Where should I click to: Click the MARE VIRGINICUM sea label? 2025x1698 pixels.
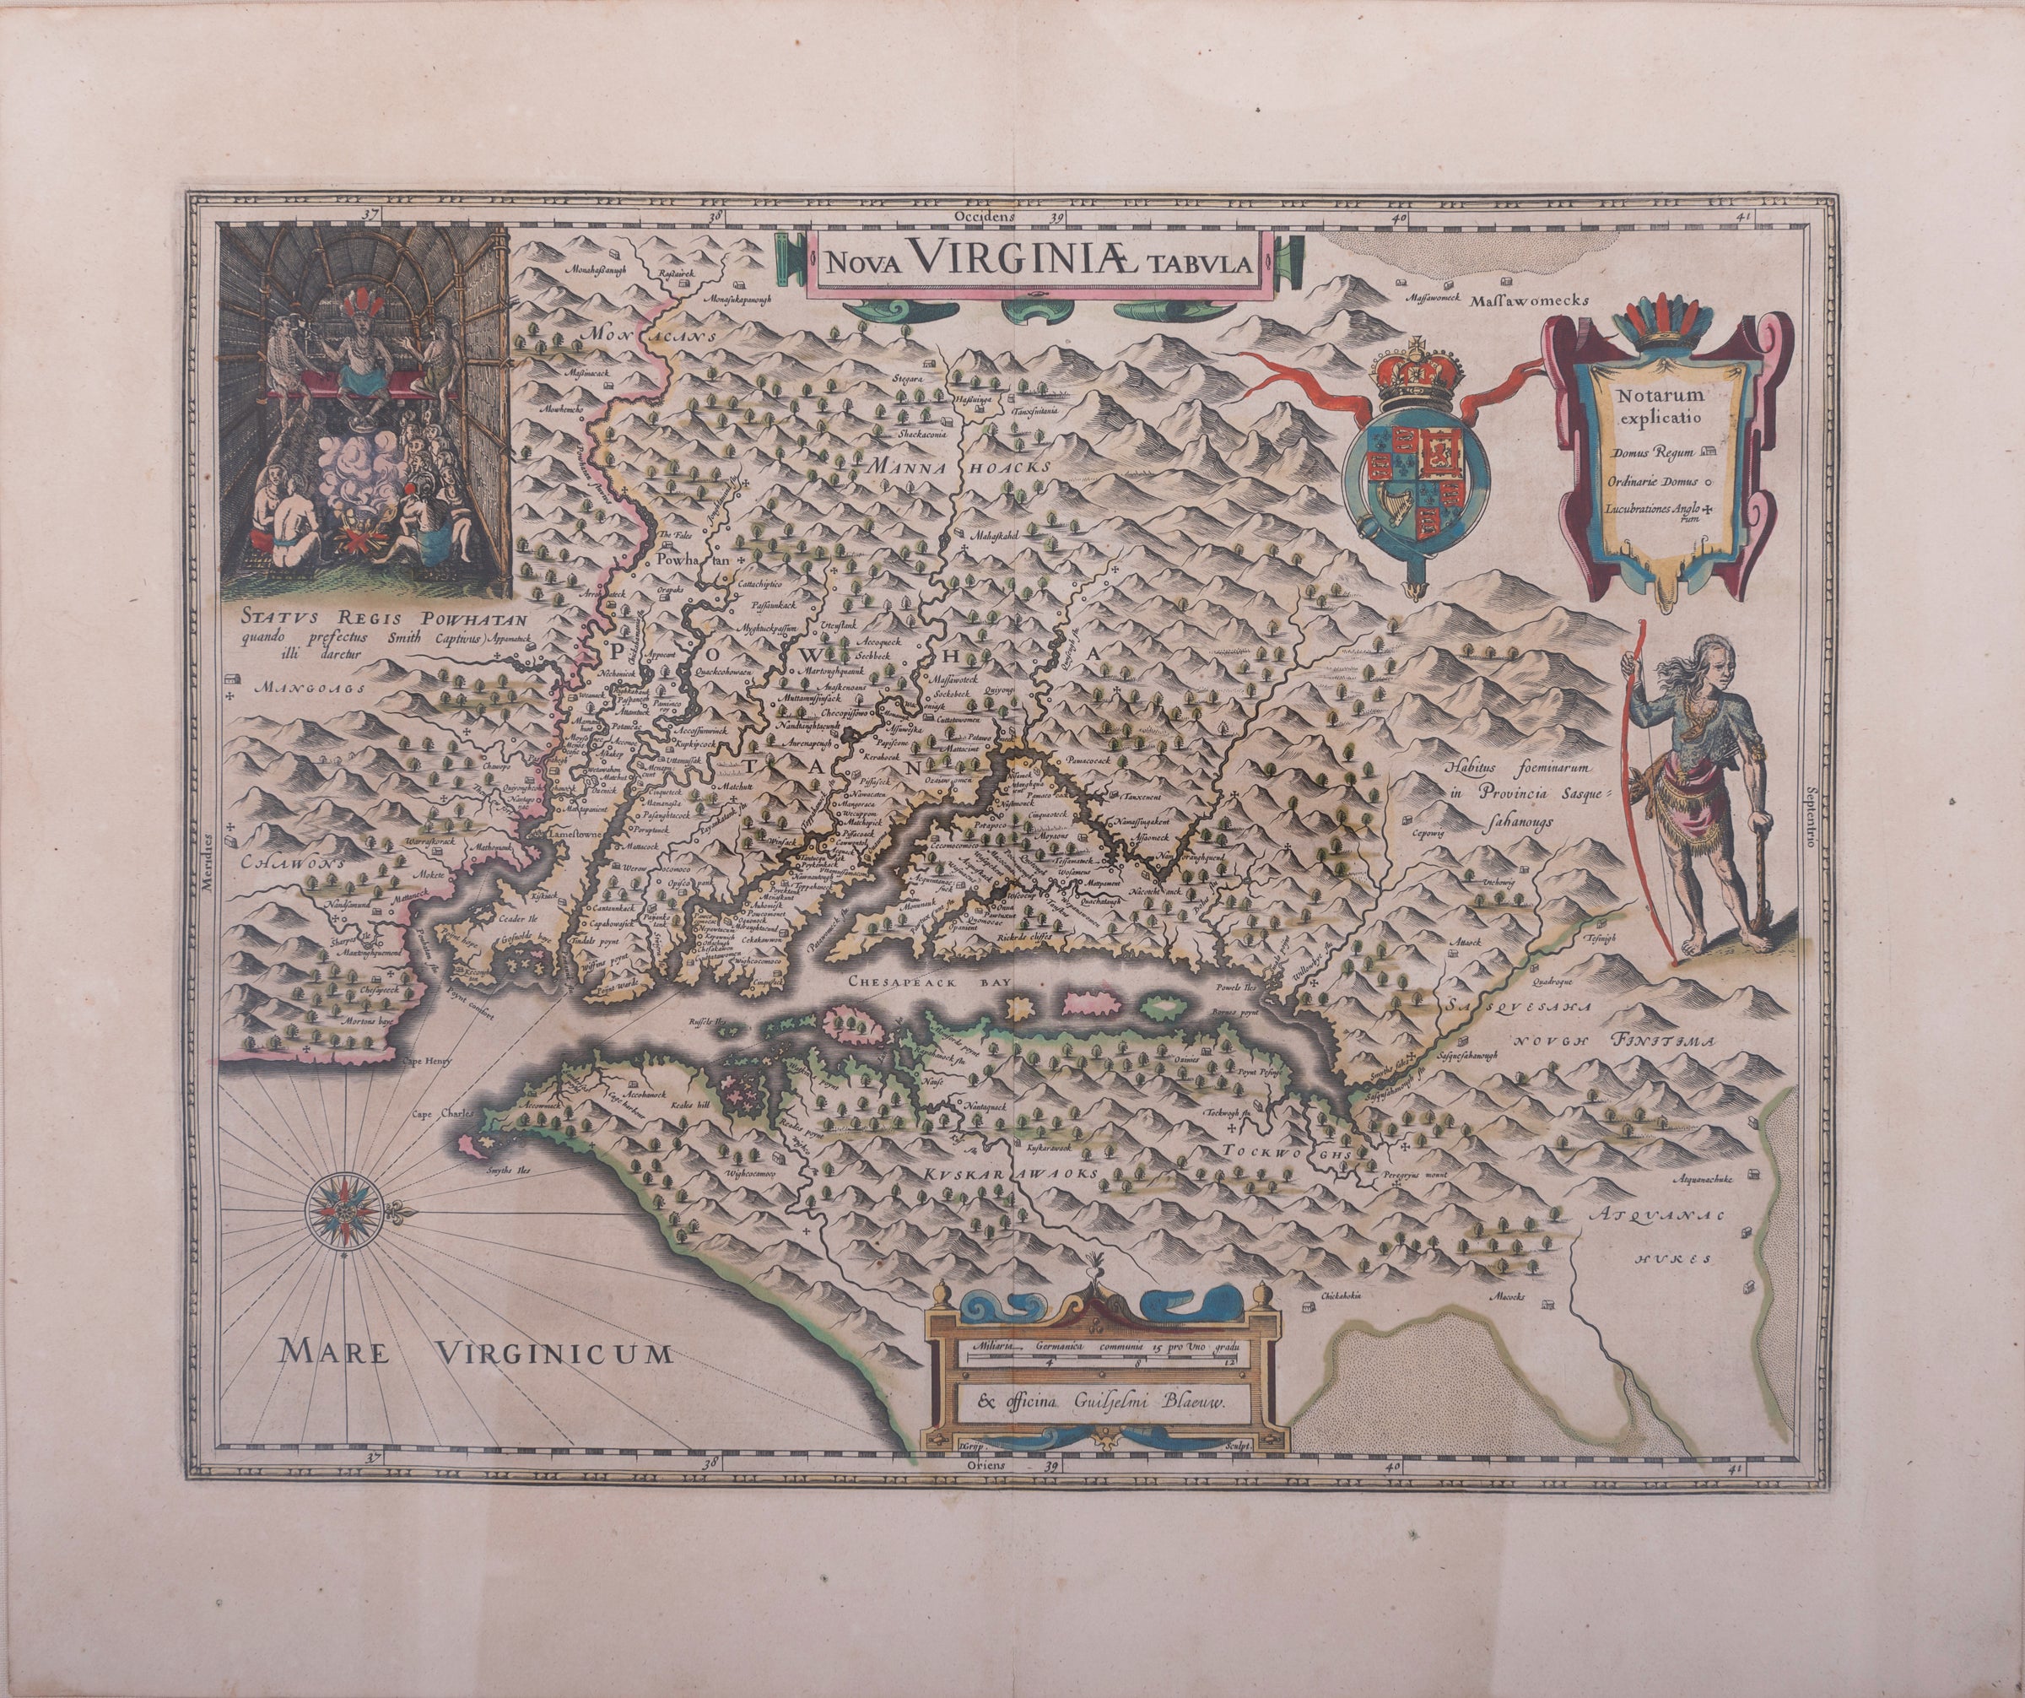coord(473,1354)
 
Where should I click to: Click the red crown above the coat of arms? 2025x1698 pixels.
coord(1417,365)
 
